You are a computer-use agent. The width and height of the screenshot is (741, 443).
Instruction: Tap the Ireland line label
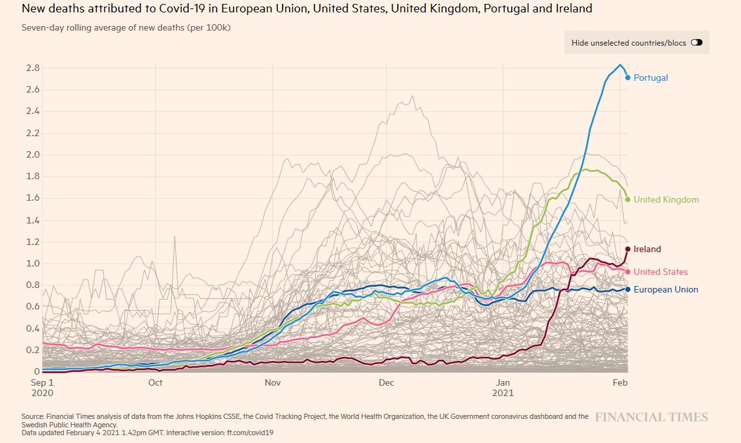647,249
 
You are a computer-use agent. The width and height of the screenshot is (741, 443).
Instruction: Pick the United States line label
660,272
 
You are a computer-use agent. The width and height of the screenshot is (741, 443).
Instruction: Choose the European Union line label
665,289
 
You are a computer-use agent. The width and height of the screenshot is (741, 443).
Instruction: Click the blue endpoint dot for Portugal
628,78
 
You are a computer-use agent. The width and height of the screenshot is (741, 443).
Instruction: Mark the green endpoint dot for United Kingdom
628,199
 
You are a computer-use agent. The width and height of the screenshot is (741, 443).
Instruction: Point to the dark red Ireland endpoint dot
628,249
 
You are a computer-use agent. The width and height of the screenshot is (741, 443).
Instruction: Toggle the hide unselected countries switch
697,43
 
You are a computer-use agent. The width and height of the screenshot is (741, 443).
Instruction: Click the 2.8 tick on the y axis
33,68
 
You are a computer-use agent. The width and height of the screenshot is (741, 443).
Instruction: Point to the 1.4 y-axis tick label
33,220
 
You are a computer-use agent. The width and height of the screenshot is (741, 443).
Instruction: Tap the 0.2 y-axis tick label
33,350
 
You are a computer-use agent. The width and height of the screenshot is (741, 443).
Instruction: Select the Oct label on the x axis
155,382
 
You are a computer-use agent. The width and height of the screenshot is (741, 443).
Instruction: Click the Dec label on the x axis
387,382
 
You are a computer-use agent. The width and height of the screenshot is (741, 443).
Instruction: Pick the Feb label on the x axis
620,382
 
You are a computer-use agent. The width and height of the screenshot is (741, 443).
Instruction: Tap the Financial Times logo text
651,417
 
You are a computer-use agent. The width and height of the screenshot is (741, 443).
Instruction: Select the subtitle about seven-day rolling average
126,28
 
